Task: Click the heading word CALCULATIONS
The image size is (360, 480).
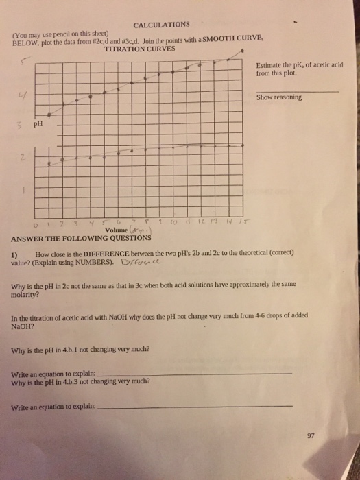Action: click(161, 25)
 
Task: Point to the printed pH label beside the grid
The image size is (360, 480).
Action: click(38, 125)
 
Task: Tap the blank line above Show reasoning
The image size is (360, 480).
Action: click(296, 91)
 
